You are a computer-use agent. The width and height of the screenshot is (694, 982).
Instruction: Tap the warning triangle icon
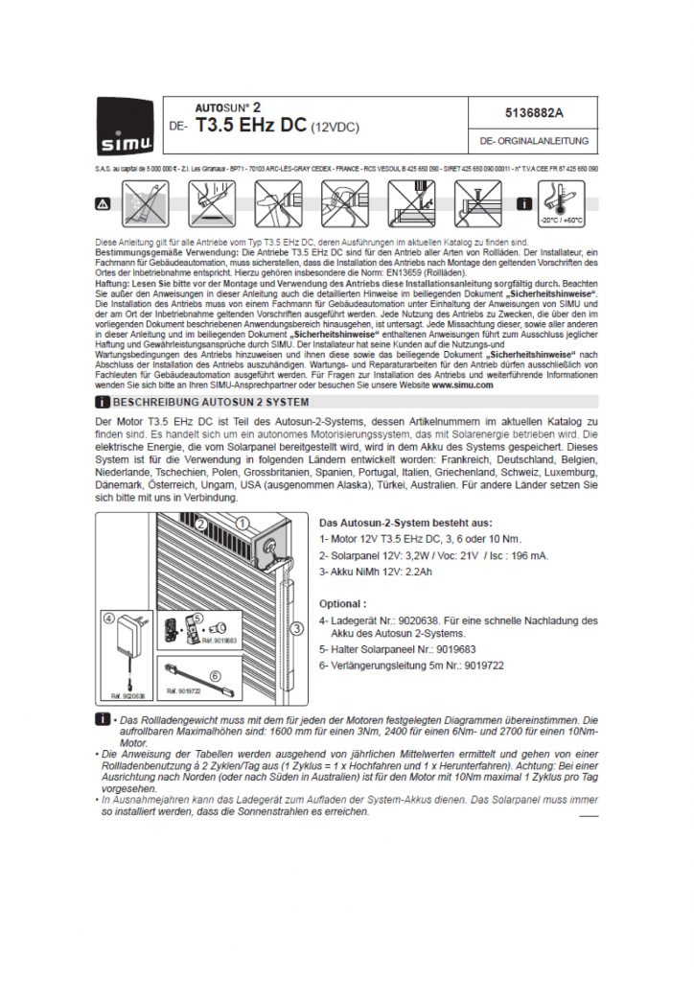pyautogui.click(x=103, y=204)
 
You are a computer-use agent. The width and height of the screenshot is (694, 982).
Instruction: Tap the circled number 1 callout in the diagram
pyautogui.click(x=243, y=524)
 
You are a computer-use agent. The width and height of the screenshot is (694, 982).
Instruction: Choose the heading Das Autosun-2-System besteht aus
pyautogui.click(x=404, y=523)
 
